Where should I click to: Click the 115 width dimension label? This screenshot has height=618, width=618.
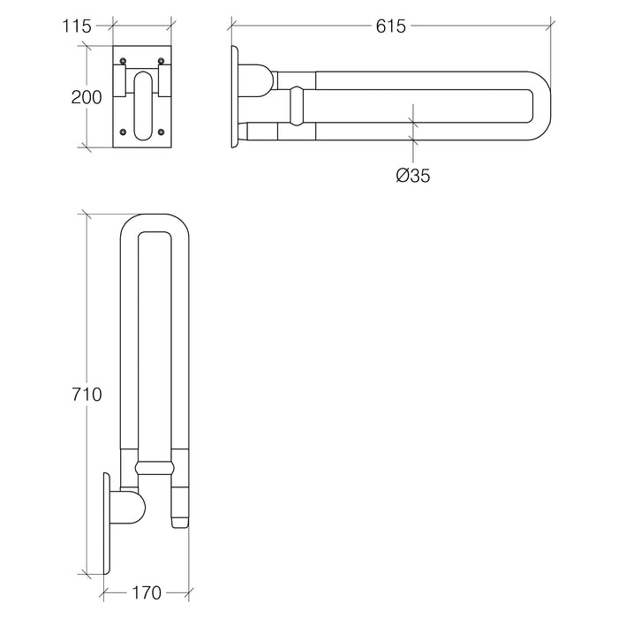77,26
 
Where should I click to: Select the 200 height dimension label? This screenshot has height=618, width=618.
87,97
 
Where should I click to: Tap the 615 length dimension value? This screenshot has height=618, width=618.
390,26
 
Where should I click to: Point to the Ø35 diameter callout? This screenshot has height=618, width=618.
413,176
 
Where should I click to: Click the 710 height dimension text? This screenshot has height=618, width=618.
87,394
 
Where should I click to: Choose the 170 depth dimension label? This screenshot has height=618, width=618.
147,592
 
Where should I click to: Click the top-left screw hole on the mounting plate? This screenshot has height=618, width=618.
123,61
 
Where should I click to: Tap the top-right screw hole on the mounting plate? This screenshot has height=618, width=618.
161,61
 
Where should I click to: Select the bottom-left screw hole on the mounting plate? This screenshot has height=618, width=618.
123,132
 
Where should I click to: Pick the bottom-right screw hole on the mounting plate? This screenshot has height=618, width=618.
161,132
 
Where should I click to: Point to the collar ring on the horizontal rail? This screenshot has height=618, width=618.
297,106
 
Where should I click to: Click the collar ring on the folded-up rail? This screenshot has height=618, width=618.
154,468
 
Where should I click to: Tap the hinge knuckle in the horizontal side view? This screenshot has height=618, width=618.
255,80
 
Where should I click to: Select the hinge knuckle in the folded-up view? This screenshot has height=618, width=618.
128,508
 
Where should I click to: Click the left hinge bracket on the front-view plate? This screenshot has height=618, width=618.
119,81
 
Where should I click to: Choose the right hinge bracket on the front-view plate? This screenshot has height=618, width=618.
165,81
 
